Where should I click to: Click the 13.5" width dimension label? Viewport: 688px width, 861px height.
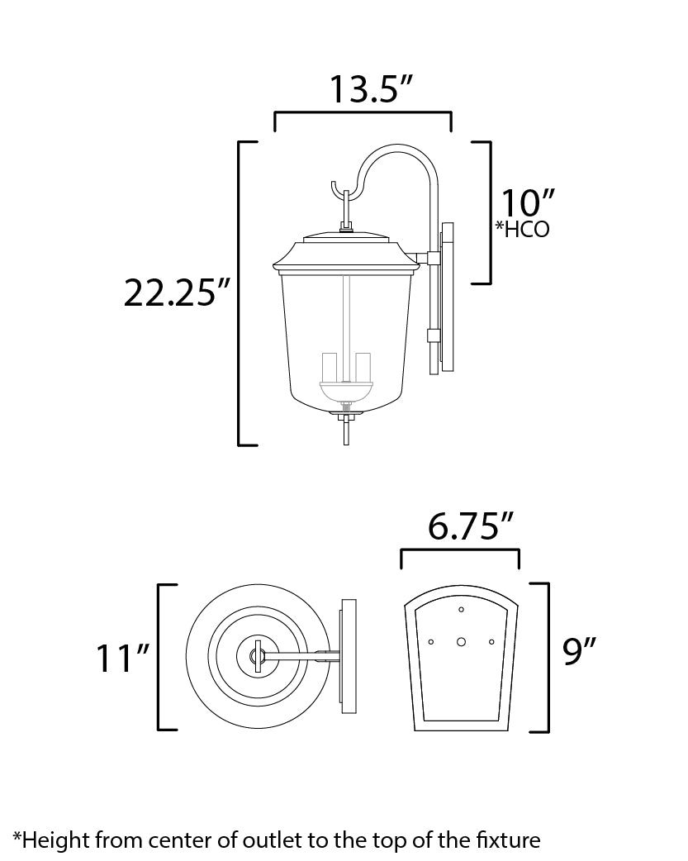(x=371, y=89)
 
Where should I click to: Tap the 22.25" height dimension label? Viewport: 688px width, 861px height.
(x=177, y=293)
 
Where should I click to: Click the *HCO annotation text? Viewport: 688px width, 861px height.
(x=522, y=229)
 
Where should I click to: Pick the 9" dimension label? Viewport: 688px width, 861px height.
(x=579, y=652)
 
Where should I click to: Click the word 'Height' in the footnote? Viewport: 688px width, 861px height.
(x=56, y=840)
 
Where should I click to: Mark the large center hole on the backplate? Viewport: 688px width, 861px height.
(x=461, y=642)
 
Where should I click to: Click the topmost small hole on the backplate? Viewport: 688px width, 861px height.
(x=461, y=610)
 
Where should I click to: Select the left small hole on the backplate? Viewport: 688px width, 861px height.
(x=431, y=642)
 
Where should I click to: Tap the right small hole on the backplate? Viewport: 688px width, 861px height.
(x=491, y=642)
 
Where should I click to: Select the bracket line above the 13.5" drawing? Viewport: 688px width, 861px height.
(x=363, y=112)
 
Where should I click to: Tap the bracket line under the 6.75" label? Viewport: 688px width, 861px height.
(x=460, y=549)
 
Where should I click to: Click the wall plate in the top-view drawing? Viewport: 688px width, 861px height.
(x=349, y=656)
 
